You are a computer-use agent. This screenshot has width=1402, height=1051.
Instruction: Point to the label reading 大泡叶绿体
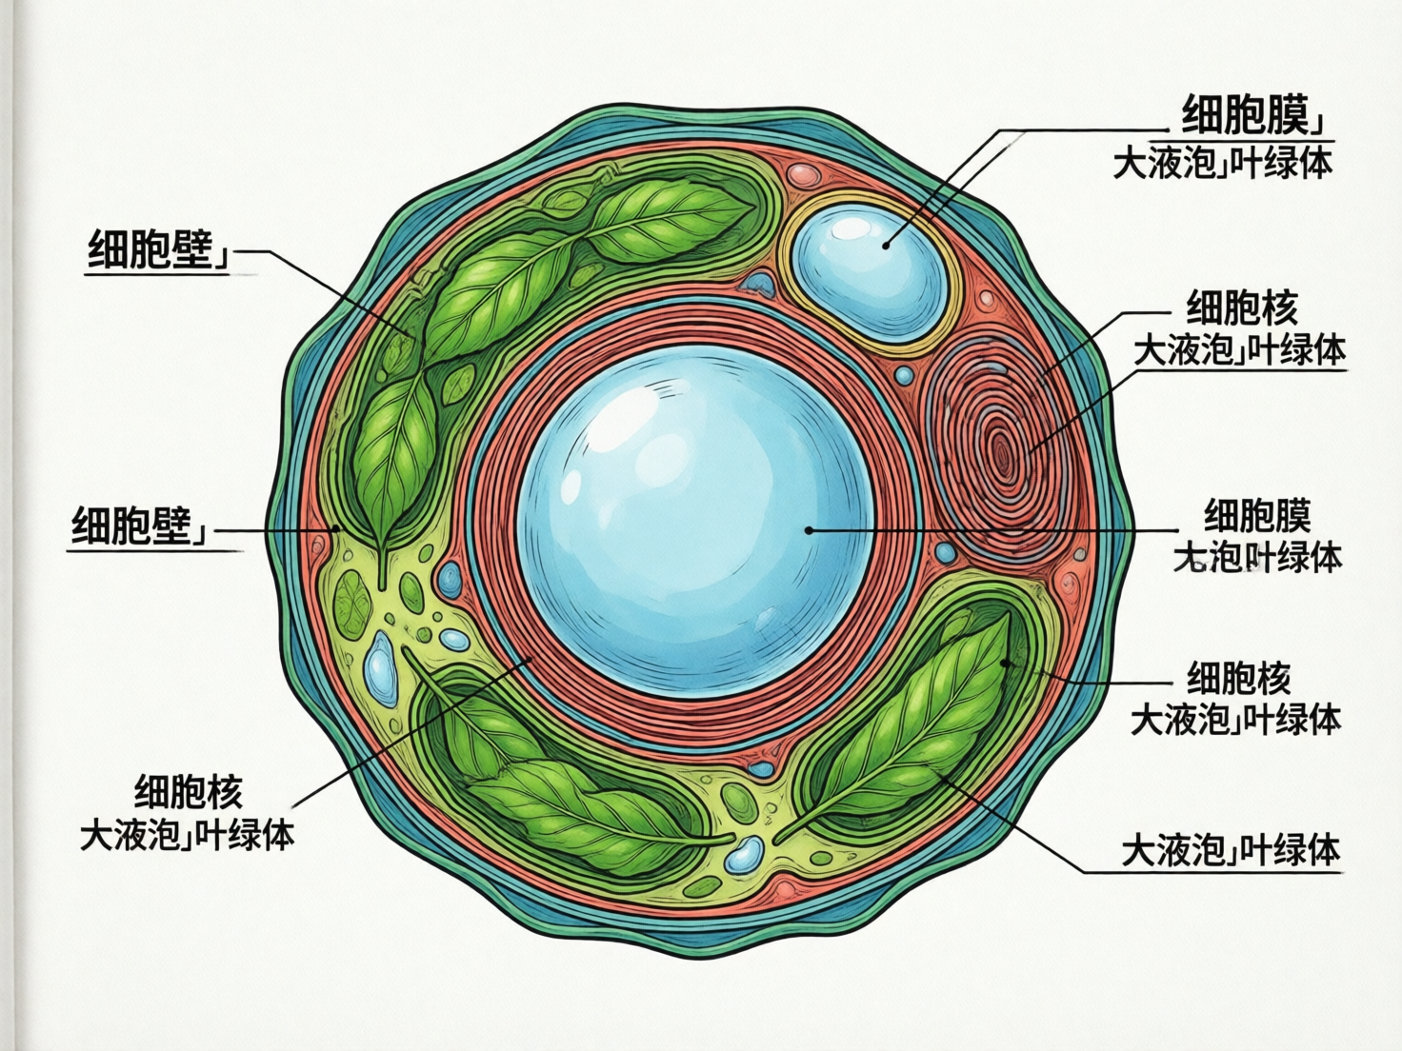(x=1257, y=558)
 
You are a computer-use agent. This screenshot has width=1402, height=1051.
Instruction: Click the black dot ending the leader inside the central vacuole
(x=809, y=529)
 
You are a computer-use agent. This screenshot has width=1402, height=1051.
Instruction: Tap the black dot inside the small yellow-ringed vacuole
(x=886, y=245)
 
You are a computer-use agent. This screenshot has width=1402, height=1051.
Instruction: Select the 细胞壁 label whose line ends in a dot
(x=140, y=525)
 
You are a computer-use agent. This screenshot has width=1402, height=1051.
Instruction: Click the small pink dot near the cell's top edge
(x=805, y=174)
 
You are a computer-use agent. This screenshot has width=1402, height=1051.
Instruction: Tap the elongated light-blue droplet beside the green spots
(x=380, y=665)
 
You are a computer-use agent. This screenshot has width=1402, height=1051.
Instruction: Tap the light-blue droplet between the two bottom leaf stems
(x=742, y=855)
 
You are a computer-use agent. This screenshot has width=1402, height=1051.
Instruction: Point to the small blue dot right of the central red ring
(x=944, y=552)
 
